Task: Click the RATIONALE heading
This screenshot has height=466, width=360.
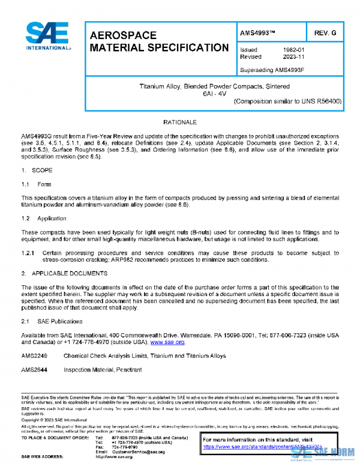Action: click(x=180, y=122)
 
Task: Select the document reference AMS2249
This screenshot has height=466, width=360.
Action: click(x=34, y=356)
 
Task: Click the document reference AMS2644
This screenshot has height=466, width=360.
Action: click(x=34, y=370)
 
